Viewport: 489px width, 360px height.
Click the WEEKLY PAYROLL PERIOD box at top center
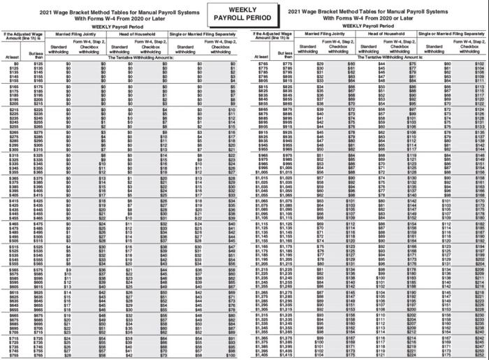click(244, 13)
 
